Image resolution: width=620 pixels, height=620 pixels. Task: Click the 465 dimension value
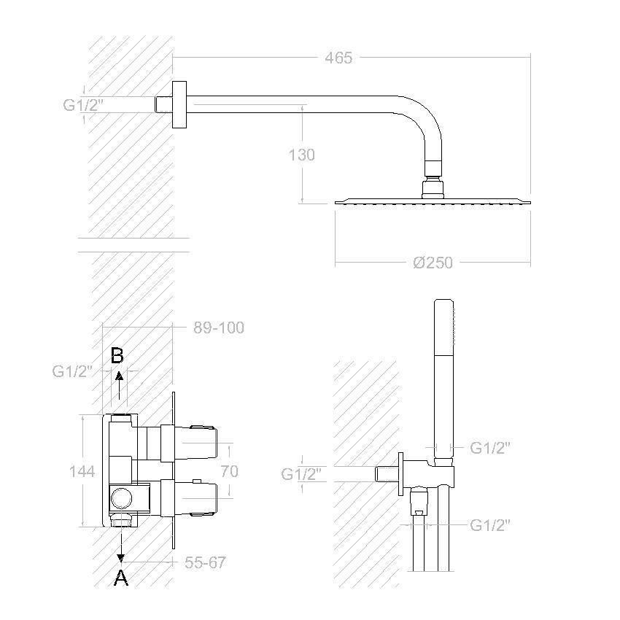click(338, 58)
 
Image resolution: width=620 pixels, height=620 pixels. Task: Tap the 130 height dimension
click(301, 155)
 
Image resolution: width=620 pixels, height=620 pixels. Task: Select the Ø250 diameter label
click(433, 263)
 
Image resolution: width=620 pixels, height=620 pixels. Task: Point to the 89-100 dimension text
click(219, 328)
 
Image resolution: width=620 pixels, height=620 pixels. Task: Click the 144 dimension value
click(82, 471)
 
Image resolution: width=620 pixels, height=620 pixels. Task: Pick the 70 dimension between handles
click(229, 471)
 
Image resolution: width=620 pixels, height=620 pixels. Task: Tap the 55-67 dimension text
click(205, 562)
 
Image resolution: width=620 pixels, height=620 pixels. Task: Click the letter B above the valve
click(117, 355)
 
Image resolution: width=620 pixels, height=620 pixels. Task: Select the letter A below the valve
click(121, 578)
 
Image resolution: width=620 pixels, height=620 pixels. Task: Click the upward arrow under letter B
click(119, 385)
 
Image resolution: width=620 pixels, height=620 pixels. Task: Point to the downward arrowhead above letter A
click(121, 557)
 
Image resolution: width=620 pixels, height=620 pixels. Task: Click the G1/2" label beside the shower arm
click(83, 105)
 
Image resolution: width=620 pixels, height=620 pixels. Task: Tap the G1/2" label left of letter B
click(72, 371)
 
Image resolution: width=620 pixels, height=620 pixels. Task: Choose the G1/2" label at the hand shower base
click(490, 448)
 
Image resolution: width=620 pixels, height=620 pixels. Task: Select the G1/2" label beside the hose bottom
click(490, 525)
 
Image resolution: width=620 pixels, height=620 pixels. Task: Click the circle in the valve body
click(121, 497)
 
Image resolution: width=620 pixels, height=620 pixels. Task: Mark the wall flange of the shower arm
click(179, 105)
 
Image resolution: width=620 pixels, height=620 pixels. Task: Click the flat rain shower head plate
click(433, 201)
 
